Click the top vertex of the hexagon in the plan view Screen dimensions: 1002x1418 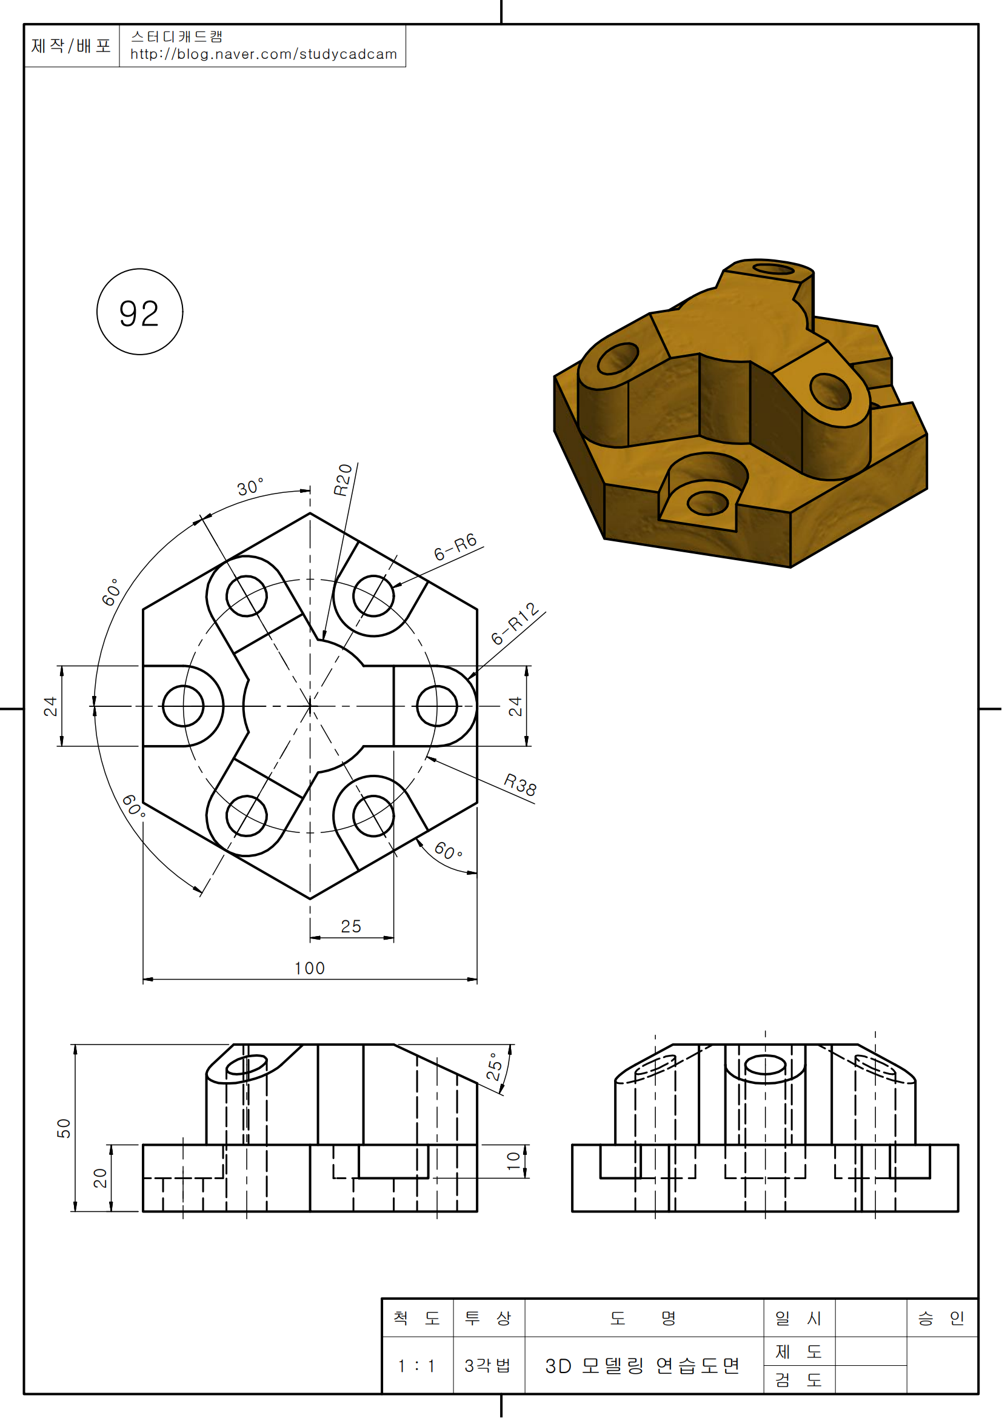coord(310,513)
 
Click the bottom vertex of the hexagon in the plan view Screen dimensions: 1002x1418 coord(310,898)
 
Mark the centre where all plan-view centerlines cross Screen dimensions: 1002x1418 coord(310,706)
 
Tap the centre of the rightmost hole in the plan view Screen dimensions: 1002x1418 coord(437,706)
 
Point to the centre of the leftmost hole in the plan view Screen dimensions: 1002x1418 coord(183,706)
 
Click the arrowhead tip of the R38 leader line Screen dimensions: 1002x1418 coord(427,757)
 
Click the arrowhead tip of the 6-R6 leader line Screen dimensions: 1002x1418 coord(393,587)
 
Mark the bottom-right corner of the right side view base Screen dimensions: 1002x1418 coord(958,1211)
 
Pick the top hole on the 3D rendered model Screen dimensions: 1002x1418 coord(773,269)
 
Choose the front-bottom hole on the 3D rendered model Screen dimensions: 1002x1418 coord(707,503)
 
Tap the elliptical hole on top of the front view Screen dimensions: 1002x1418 coord(246,1066)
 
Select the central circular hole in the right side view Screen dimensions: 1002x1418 coord(766,1066)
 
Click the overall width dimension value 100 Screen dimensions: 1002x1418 coord(310,968)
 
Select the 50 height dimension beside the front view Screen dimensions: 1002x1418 coord(64,1128)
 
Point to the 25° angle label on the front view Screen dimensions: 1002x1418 coord(495,1066)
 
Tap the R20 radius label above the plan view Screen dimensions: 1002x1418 coord(342,480)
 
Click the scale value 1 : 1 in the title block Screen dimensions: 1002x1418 coord(416,1365)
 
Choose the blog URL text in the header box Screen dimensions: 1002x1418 coord(264,55)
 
